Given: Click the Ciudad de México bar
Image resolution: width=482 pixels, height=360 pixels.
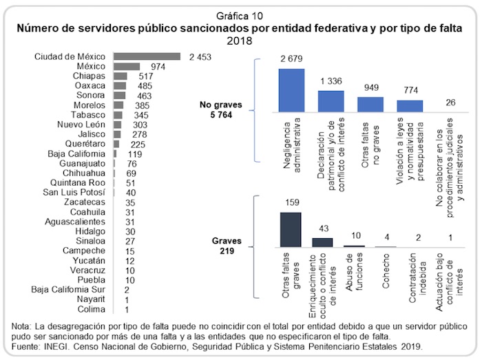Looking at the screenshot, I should pyautogui.click(x=147, y=56).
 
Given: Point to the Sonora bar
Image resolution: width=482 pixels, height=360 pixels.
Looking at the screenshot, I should pyautogui.click(x=120, y=95).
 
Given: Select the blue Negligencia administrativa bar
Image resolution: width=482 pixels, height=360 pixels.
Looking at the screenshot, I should pyautogui.click(x=291, y=89).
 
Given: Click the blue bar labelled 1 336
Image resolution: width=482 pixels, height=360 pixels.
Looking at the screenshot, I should pyautogui.click(x=331, y=100).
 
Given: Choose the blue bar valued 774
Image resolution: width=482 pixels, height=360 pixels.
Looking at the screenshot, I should pyautogui.click(x=410, y=105).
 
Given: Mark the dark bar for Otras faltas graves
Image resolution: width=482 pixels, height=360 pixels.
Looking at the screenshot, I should pyautogui.click(x=291, y=229).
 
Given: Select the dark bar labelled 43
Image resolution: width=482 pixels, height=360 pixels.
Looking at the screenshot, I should pyautogui.click(x=322, y=242).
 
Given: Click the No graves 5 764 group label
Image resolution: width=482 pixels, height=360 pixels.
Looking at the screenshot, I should pyautogui.click(x=216, y=110).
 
